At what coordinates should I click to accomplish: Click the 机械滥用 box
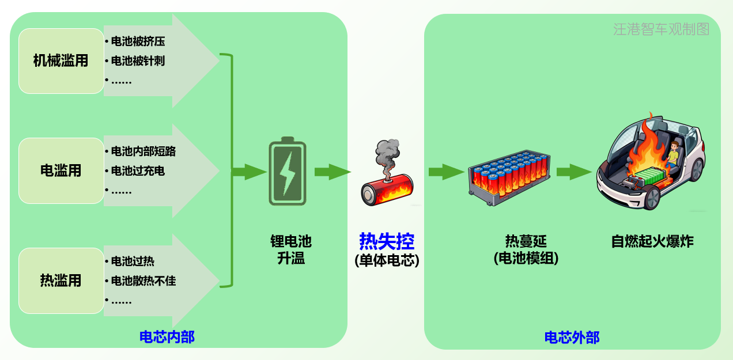click(x=61, y=60)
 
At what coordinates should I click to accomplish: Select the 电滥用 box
click(x=61, y=170)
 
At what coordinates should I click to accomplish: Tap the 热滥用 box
click(x=61, y=281)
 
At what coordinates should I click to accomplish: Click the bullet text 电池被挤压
click(x=138, y=41)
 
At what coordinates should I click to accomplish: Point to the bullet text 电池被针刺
click(x=138, y=60)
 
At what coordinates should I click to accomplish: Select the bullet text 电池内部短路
click(x=143, y=151)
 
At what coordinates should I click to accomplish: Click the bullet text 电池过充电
click(x=138, y=170)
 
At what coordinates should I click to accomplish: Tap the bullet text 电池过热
click(x=133, y=261)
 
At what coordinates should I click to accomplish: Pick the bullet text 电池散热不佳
click(x=143, y=281)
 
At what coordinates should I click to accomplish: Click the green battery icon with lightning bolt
click(x=288, y=171)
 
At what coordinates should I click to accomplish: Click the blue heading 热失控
click(x=387, y=240)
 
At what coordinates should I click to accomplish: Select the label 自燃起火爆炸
click(x=652, y=241)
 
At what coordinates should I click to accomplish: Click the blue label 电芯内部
click(x=167, y=337)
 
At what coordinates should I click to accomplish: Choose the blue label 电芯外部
click(x=572, y=338)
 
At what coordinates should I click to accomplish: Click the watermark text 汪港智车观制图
click(x=661, y=29)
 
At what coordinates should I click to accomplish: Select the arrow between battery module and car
click(x=574, y=172)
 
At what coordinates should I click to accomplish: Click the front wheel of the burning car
click(x=651, y=198)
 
